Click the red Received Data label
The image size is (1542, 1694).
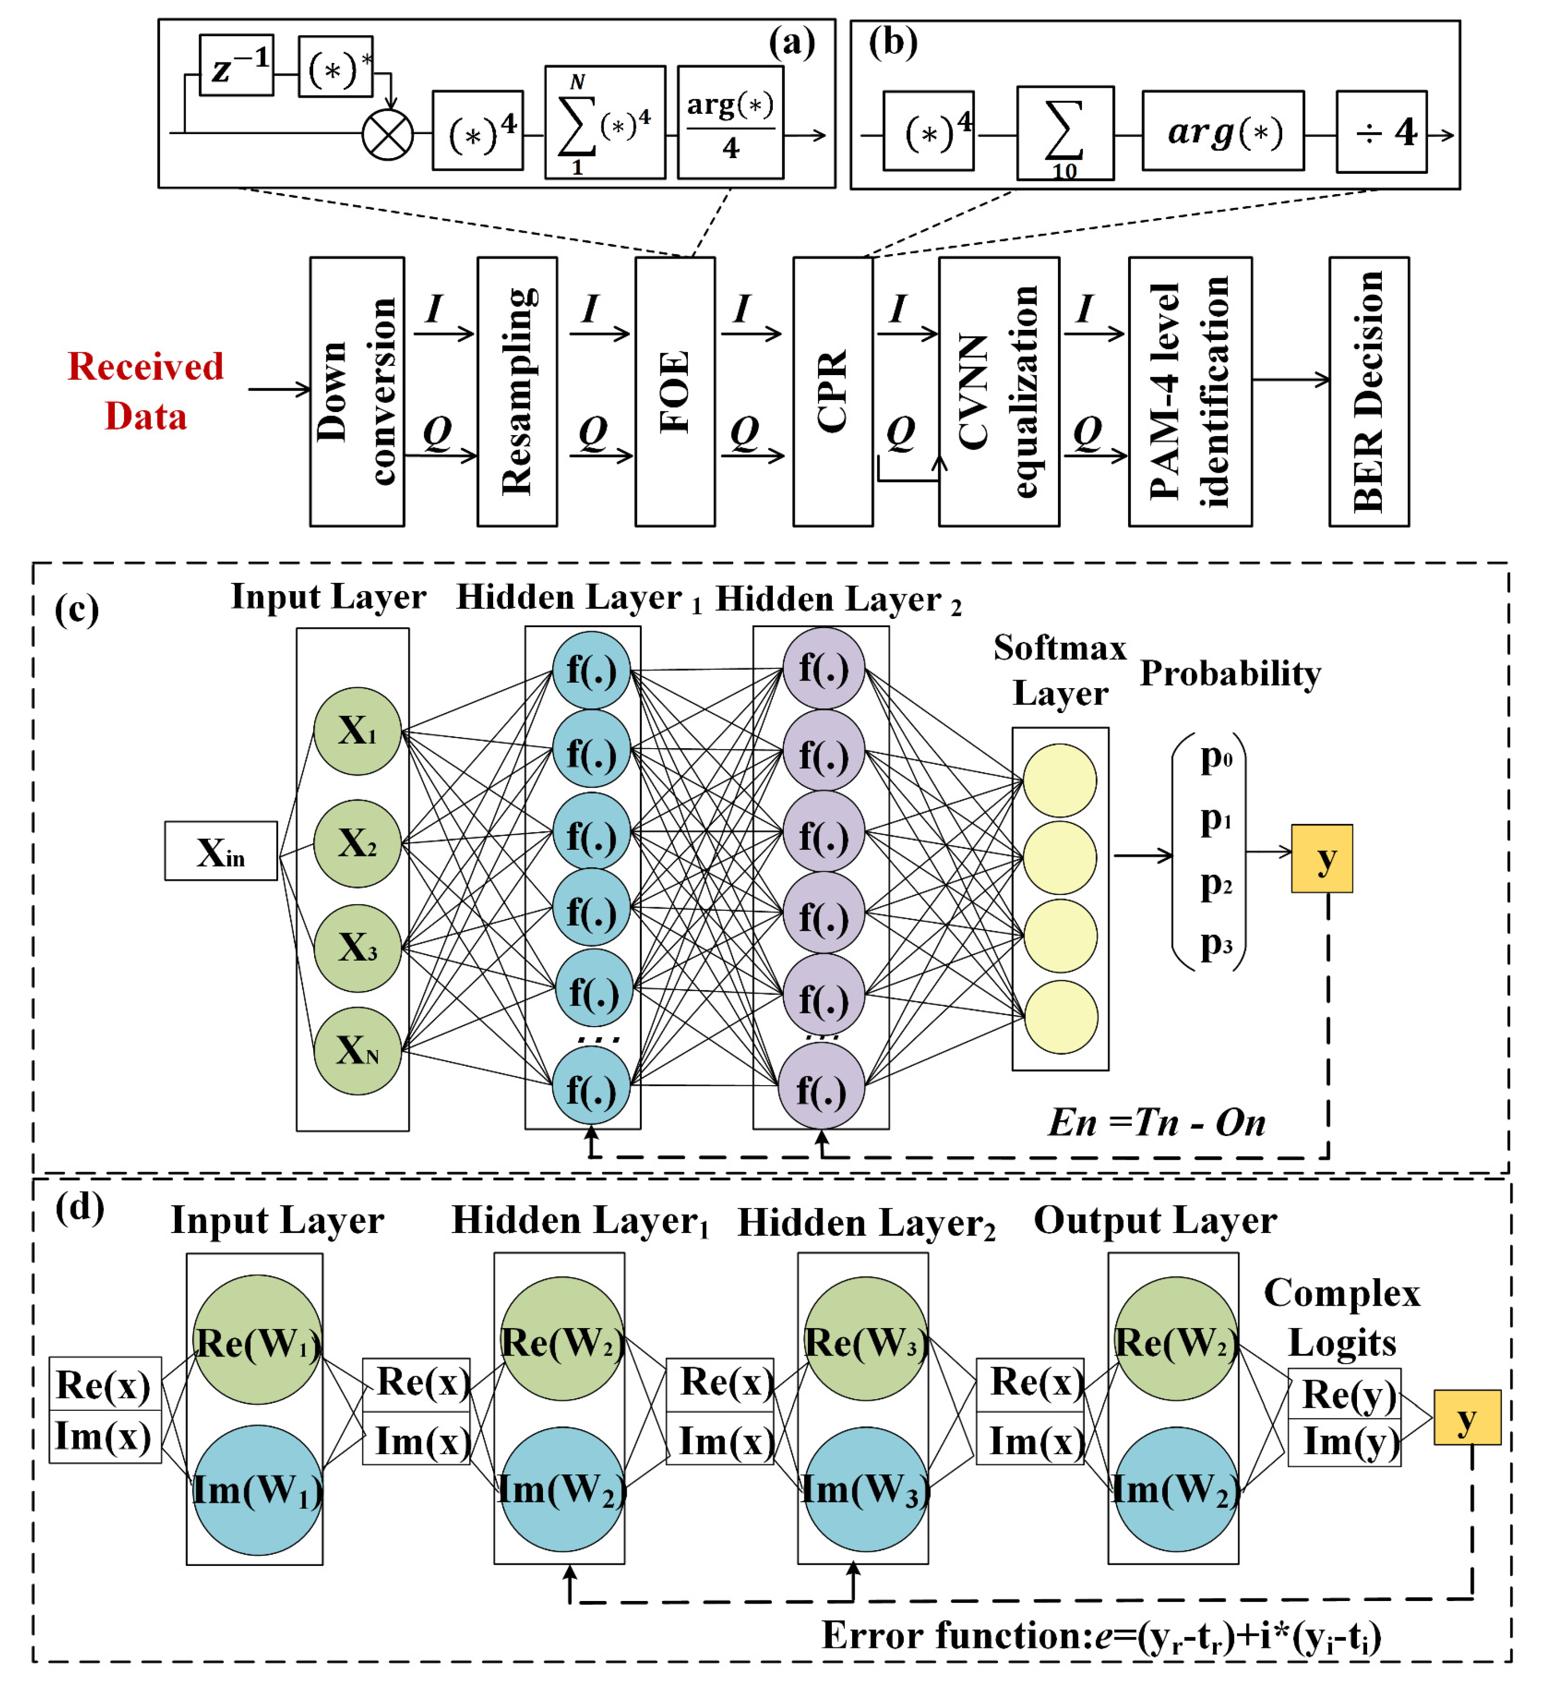coord(145,391)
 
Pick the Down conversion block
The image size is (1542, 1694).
coord(357,391)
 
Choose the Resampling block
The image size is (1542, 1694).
coord(517,391)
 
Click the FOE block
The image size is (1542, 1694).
coord(675,391)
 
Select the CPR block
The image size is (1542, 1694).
coord(833,391)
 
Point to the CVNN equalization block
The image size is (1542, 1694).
coord(999,391)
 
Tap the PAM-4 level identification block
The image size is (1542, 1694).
coord(1190,391)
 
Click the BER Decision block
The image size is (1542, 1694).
coord(1369,391)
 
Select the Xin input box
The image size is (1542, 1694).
coord(221,851)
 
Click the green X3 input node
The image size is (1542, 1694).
coord(357,948)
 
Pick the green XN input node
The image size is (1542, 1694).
coord(357,1051)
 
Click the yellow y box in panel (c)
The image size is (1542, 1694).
coord(1322,858)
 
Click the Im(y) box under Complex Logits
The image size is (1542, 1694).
coord(1345,1443)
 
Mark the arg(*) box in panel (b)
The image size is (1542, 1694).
coord(1223,131)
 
